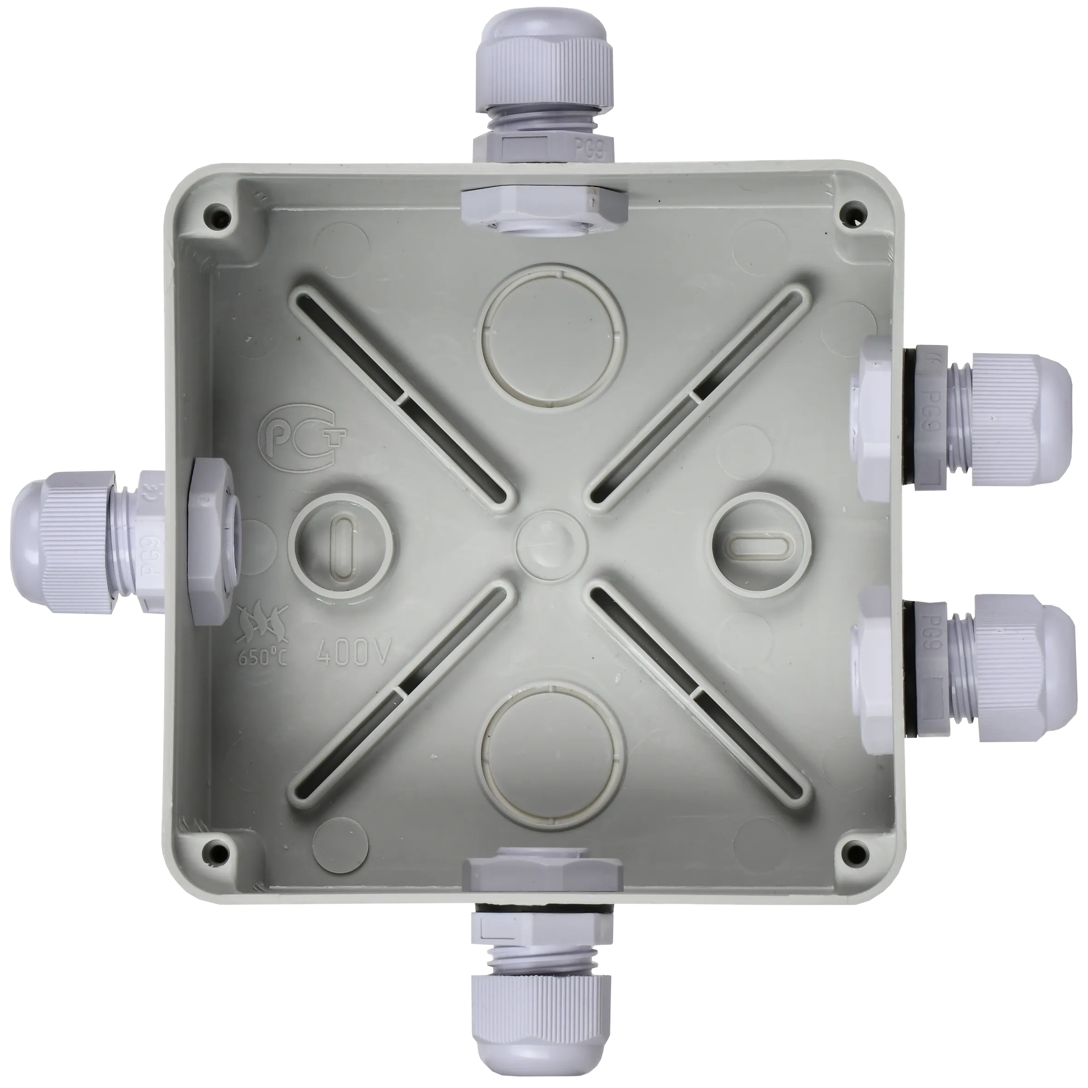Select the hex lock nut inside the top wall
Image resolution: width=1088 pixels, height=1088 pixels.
(544, 205)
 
